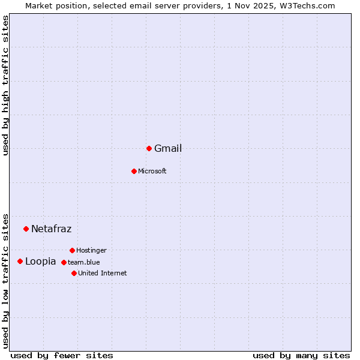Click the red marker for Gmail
click(x=149, y=148)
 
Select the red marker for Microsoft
click(x=134, y=171)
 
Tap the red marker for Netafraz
click(x=26, y=229)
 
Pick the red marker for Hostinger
click(x=72, y=250)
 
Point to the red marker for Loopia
click(x=20, y=261)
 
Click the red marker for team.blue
click(x=64, y=262)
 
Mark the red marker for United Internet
click(x=74, y=273)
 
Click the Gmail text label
click(x=168, y=149)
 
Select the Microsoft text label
click(x=152, y=172)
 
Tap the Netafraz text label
click(x=51, y=229)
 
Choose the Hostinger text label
click(x=91, y=250)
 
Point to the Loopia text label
click(x=40, y=262)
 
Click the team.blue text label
click(x=83, y=262)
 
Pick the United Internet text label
click(x=102, y=273)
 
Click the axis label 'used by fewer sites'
click(x=62, y=355)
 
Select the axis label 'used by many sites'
click(x=301, y=355)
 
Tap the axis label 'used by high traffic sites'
click(x=5, y=85)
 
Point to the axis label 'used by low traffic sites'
click(x=5, y=280)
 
